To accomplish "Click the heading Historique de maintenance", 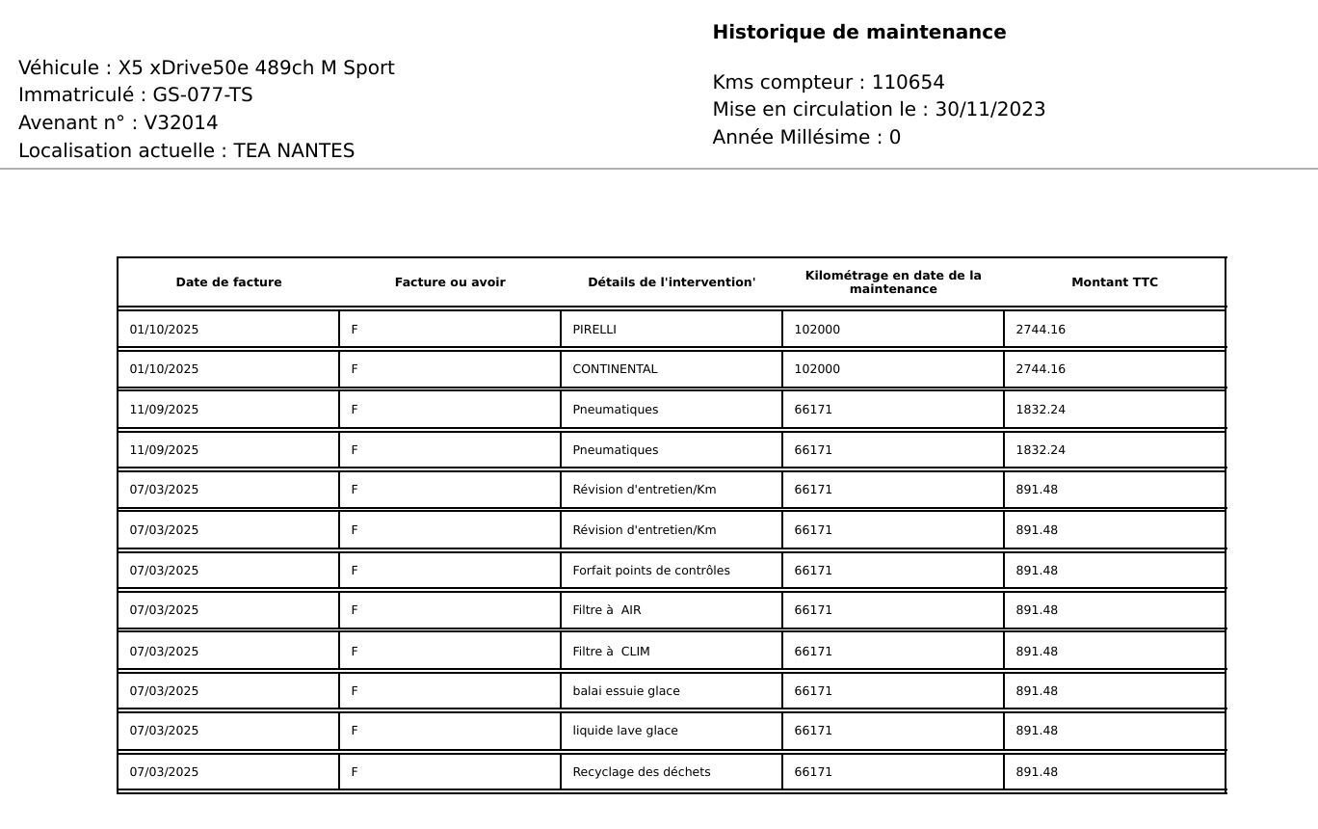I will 858,32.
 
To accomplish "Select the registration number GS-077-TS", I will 202,94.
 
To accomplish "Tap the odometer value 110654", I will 908,82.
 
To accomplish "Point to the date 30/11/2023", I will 989,109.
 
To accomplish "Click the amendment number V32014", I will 181,122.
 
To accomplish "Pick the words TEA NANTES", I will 294,150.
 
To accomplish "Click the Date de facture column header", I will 228,282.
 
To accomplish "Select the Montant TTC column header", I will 1114,282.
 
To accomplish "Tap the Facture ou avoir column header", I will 450,282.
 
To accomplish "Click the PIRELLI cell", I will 594,330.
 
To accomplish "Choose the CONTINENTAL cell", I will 615,369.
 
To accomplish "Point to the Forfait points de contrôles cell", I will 651,571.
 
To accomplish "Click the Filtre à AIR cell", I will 607,610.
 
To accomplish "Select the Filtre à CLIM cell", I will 611,652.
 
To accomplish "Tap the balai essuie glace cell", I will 626,691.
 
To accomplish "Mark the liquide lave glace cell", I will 625,731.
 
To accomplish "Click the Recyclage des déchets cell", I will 642,772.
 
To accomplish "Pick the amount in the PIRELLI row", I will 1041,330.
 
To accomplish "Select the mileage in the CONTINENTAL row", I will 817,369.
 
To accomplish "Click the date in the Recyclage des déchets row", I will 164,772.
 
